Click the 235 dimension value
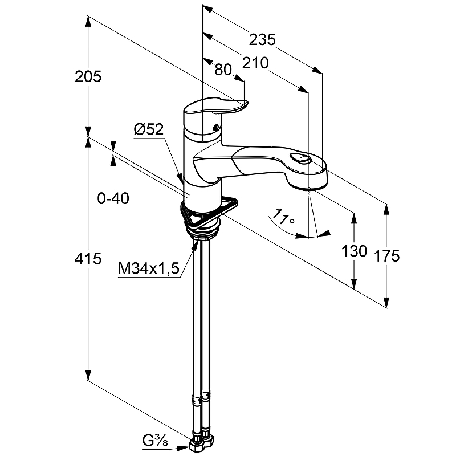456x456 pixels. click(x=263, y=40)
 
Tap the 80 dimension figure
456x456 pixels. click(x=223, y=70)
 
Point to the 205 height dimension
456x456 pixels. click(x=88, y=76)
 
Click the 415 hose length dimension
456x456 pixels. click(x=88, y=259)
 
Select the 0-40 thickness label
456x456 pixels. click(x=113, y=198)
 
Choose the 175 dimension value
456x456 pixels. click(x=388, y=256)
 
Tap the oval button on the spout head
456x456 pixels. click(x=300, y=160)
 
